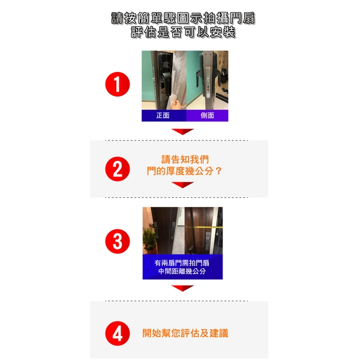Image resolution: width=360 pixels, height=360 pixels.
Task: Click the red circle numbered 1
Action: click(118, 84)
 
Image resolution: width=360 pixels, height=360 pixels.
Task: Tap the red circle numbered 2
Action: click(118, 169)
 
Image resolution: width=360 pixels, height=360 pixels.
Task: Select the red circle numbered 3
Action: click(118, 241)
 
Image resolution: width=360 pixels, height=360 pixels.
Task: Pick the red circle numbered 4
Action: click(118, 334)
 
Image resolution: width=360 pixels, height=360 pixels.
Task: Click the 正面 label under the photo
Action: click(163, 115)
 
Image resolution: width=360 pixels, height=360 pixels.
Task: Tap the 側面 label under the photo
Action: click(208, 115)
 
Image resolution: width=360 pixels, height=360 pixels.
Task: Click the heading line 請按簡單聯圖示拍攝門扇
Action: click(183, 18)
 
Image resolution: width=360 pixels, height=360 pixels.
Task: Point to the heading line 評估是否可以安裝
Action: click(183, 32)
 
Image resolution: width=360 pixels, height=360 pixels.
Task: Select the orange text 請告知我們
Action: click(185, 160)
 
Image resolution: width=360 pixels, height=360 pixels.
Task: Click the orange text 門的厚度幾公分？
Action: click(184, 171)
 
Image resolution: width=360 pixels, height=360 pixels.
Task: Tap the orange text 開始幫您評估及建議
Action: click(185, 333)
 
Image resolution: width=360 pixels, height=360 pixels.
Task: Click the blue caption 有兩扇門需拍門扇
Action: click(182, 263)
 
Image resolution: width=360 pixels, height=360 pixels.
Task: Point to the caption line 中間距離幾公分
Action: click(182, 271)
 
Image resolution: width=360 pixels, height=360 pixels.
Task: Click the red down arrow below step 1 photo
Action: click(183, 131)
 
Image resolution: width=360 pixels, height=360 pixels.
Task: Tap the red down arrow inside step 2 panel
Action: click(183, 185)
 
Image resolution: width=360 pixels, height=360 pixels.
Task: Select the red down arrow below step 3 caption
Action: click(183, 288)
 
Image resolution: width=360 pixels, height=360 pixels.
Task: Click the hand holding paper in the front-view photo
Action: click(177, 105)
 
